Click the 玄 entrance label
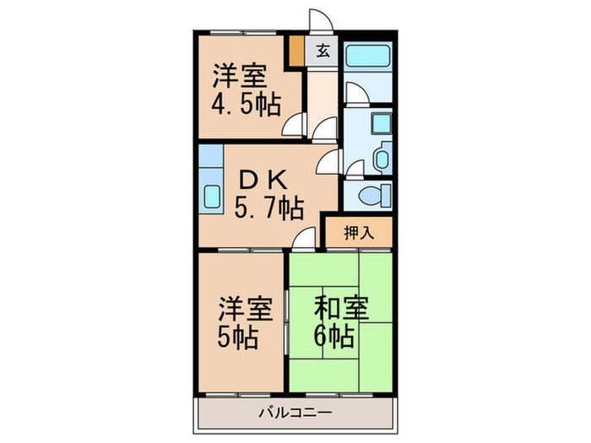(323, 51)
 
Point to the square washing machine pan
(380, 124)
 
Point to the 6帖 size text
(334, 338)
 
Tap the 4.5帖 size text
(246, 105)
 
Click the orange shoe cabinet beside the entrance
(296, 51)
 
